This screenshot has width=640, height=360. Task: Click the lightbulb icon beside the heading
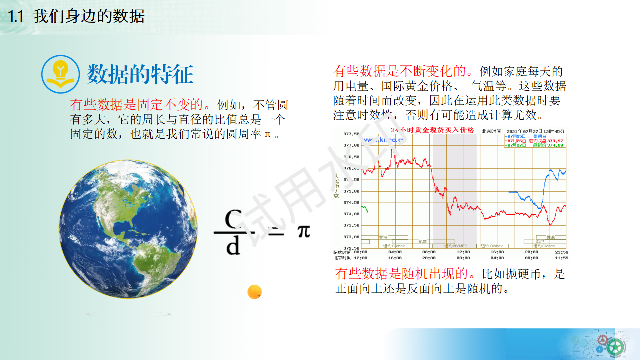60,74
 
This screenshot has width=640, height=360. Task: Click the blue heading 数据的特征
140,75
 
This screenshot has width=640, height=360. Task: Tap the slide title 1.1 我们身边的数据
77,16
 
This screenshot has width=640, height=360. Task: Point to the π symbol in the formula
304,231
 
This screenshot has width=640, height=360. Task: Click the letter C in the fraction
233,219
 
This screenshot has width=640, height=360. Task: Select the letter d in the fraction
233,246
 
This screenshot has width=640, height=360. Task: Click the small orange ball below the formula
255,292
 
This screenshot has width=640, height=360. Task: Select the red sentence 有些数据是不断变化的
405,71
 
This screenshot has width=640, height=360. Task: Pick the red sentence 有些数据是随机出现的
407,274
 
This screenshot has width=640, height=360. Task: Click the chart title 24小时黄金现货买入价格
432,130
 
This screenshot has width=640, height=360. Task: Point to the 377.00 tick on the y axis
351,145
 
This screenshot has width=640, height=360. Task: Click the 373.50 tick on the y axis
351,225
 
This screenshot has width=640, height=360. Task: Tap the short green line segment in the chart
364,208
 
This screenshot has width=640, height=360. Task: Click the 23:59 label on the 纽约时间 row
562,252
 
